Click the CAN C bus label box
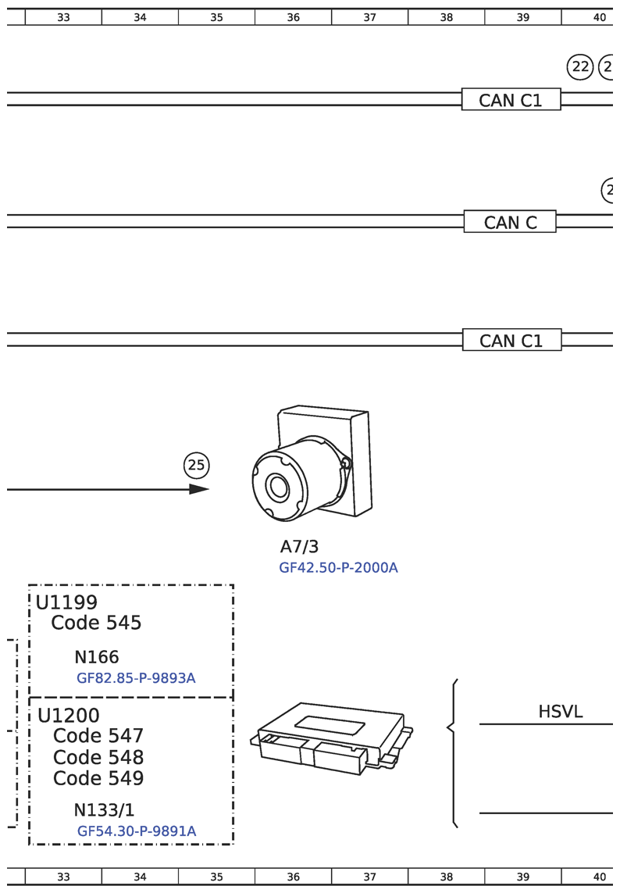pos(510,222)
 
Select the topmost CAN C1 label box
pos(511,100)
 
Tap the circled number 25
pos(196,466)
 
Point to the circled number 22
pos(580,67)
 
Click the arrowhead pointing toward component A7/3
pos(199,489)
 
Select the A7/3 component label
pos(299,547)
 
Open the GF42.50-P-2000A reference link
pos(338,568)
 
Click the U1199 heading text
pos(66,602)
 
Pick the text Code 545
pos(96,623)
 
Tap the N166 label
pos(97,657)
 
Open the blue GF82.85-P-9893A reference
pos(136,678)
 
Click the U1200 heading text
pos(69,716)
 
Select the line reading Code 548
pos(98,757)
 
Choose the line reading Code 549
pos(98,778)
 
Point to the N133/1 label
pos(104,810)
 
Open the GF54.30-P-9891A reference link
pos(137,831)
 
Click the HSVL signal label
pos(560,712)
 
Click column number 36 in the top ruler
pos(293,17)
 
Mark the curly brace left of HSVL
pos(452,752)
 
